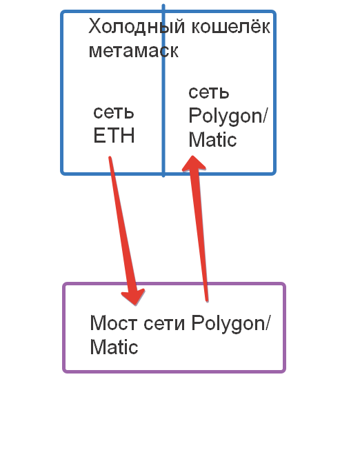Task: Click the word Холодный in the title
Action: point(137,27)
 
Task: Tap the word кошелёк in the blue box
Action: point(231,25)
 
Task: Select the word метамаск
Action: point(134,51)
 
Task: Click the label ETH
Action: point(114,136)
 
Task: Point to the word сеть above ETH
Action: point(114,113)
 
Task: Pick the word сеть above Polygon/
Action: point(209,92)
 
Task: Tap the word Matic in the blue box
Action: point(212,140)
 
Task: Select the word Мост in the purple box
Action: point(114,323)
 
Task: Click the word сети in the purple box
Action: point(164,324)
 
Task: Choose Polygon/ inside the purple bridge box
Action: point(231,324)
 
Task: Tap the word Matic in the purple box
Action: point(114,347)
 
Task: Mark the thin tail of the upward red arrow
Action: point(206,300)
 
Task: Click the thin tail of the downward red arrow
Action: point(110,158)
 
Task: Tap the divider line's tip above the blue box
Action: point(163,5)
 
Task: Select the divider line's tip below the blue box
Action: point(163,176)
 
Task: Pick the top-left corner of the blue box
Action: point(62,12)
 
